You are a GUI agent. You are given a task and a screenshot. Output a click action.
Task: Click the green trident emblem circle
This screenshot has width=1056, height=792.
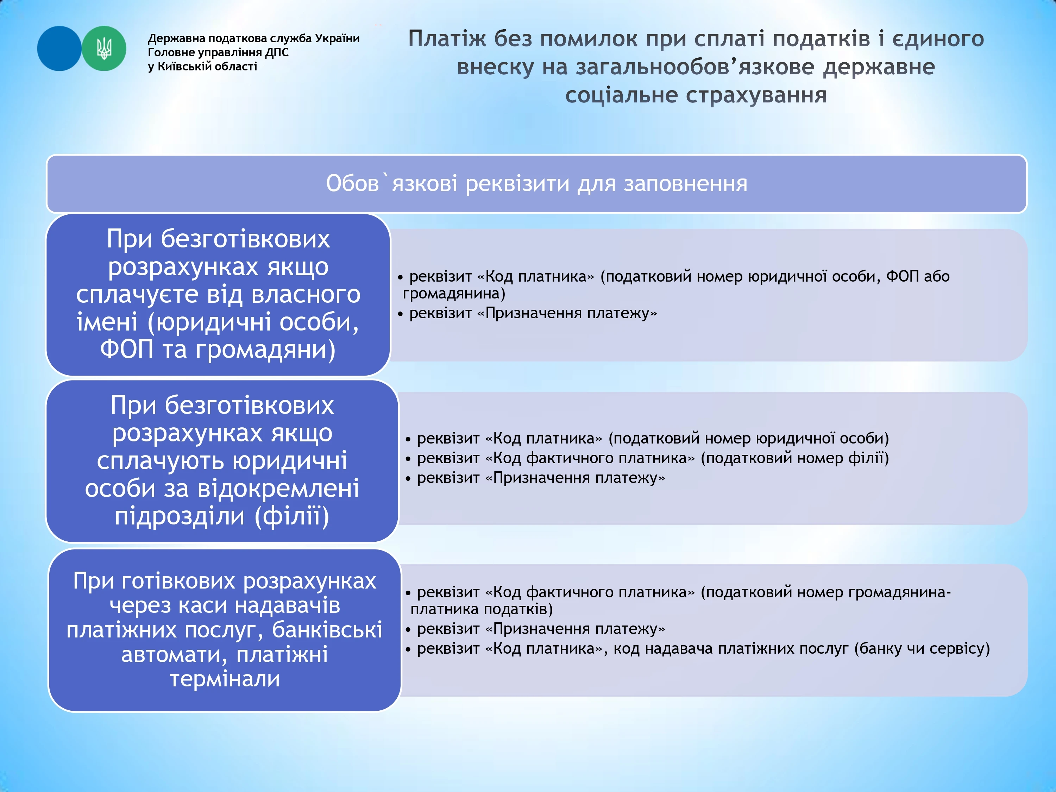coord(104,48)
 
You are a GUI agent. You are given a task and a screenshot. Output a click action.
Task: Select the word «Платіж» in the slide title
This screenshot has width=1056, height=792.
coord(447,39)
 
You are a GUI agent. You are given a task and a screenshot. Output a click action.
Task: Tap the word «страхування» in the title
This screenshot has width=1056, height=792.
coord(696,95)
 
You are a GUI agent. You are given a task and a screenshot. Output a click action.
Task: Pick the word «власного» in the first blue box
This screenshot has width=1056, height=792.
coord(306,294)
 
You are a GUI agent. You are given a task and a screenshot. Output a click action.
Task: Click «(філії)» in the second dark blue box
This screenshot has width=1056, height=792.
coord(292,516)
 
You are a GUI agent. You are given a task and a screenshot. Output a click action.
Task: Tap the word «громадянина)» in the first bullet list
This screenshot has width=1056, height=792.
coord(453,293)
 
